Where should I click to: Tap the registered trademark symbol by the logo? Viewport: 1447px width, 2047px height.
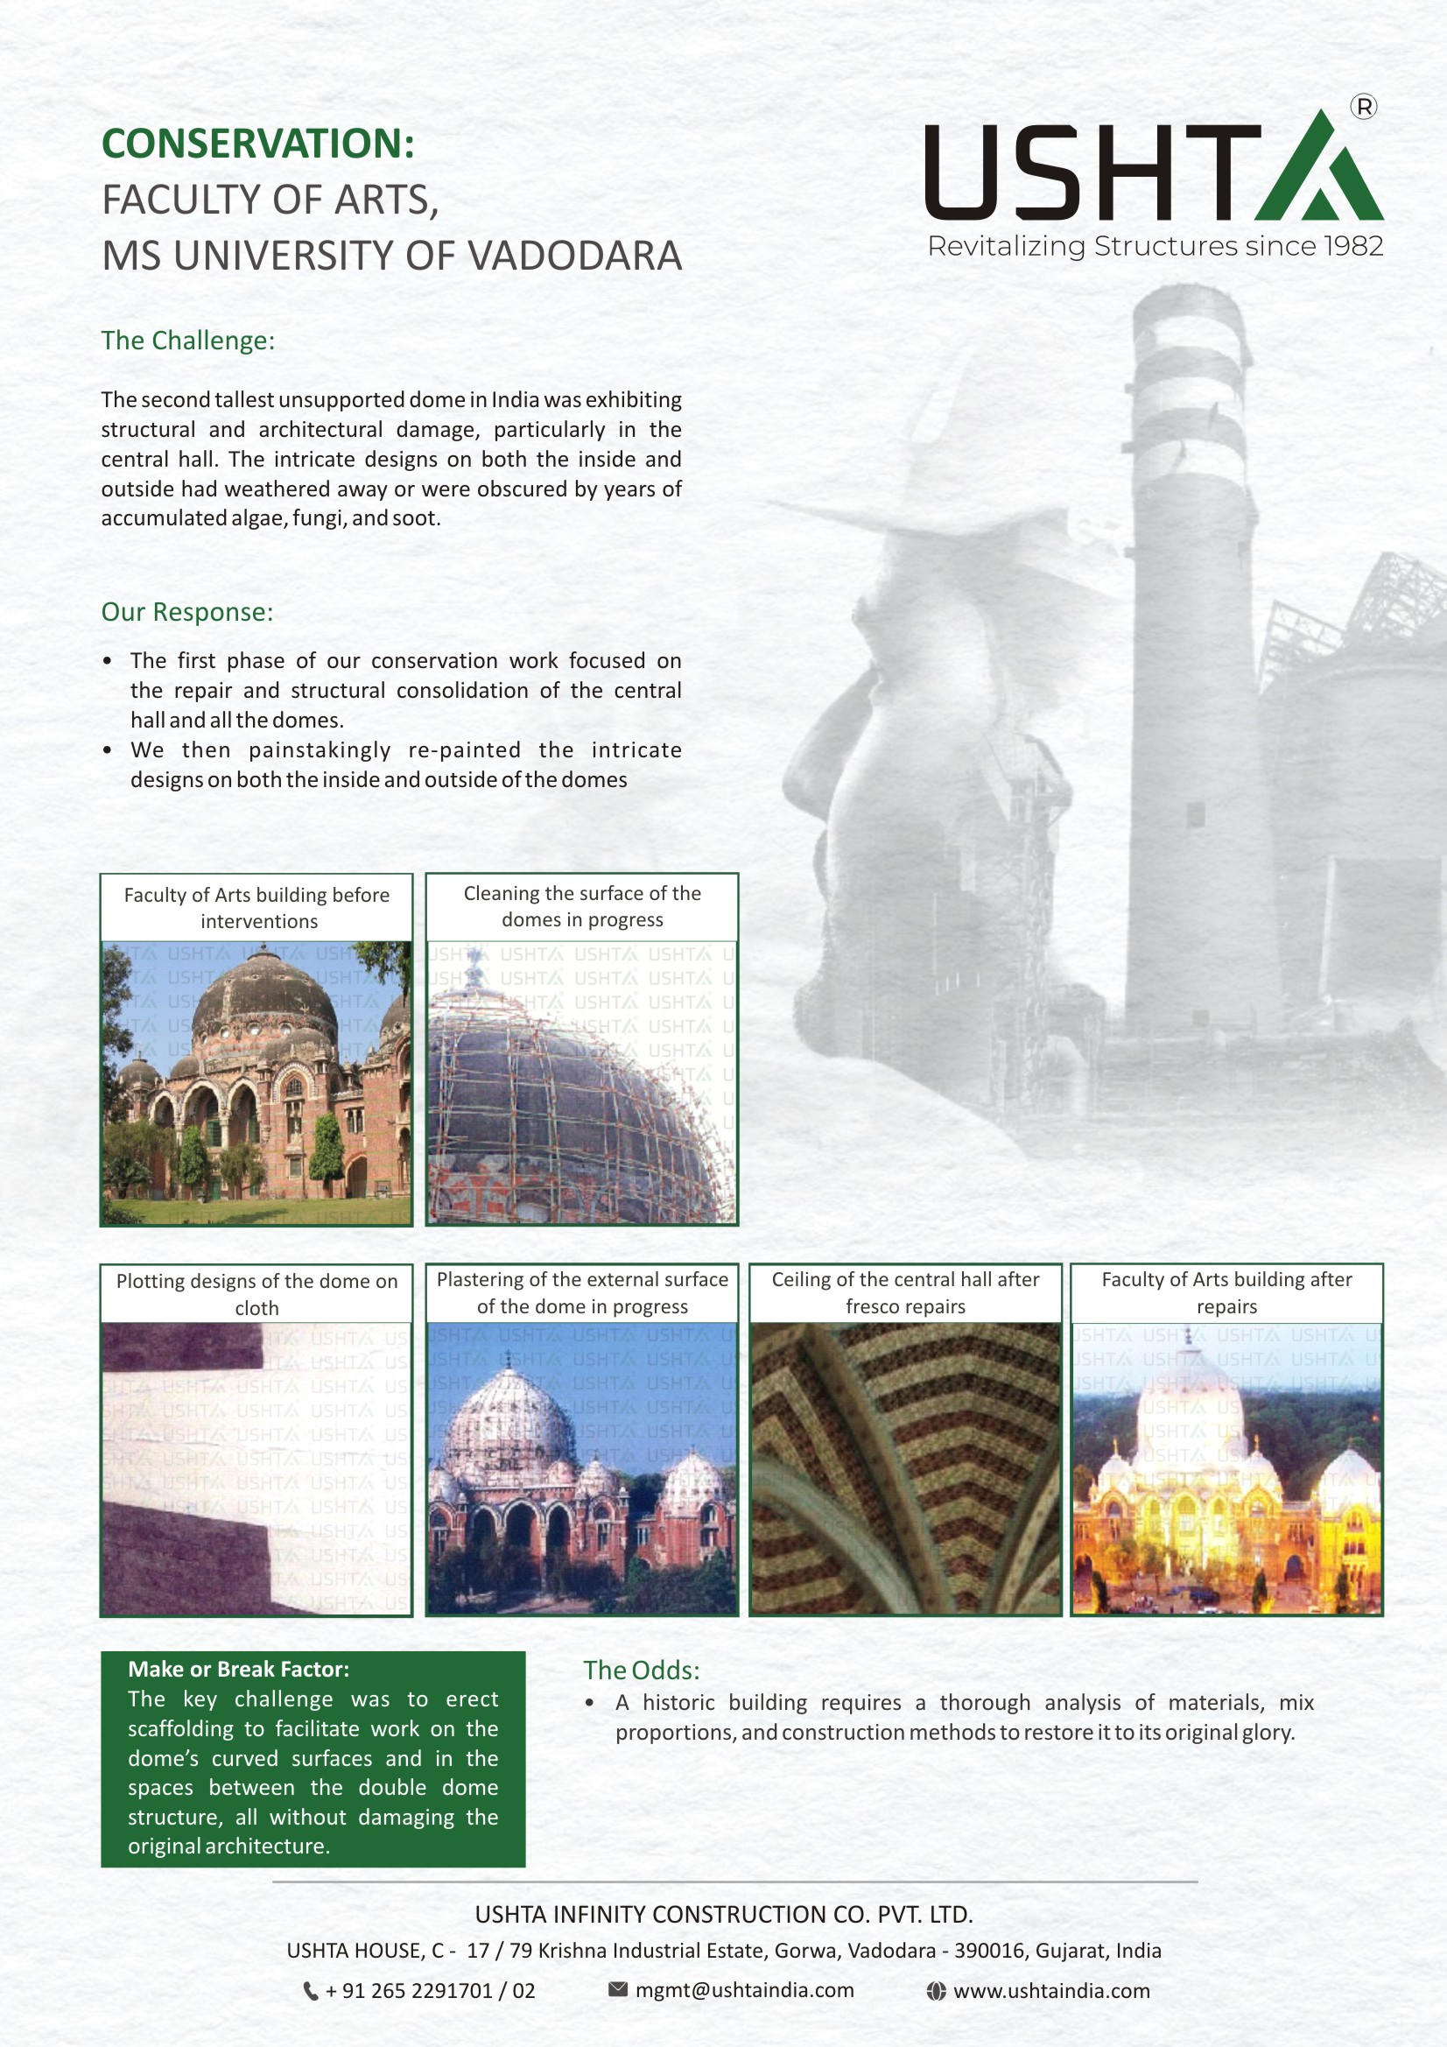pos(1363,107)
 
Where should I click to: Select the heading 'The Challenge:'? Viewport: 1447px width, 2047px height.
pos(187,341)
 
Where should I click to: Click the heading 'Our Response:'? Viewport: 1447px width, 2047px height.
pos(186,612)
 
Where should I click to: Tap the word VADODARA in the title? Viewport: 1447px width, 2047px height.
pos(575,257)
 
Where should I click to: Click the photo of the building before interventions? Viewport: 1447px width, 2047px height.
pos(256,1082)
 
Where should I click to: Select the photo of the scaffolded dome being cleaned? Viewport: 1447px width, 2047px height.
pos(581,1082)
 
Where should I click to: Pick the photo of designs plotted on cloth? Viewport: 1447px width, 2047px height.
pos(256,1468)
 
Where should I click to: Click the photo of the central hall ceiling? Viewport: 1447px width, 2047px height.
pos(905,1468)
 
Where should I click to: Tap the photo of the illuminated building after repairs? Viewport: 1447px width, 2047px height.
pos(1226,1468)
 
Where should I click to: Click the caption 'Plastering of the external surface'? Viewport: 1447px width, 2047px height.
pos(582,1280)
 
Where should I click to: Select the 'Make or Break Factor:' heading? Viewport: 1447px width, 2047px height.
pos(239,1670)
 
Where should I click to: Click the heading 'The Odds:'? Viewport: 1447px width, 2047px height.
pos(641,1670)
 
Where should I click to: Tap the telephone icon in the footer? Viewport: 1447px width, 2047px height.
pos(310,1991)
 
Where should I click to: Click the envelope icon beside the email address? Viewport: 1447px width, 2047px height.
pos(618,1989)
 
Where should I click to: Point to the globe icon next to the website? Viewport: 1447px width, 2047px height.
pos(935,1991)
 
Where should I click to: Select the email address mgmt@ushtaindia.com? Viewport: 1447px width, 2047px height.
pos(744,1990)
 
